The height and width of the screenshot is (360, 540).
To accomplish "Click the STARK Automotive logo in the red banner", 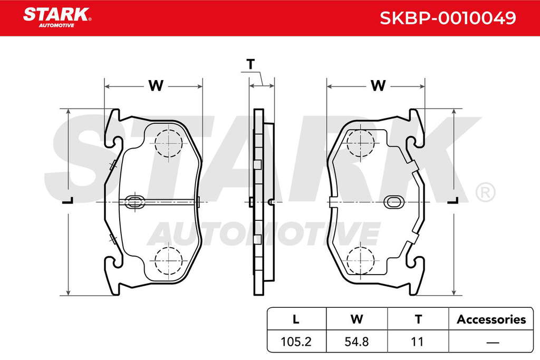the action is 57,17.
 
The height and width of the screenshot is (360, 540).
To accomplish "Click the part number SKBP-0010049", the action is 448,18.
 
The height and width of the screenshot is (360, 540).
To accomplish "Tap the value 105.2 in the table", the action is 296,342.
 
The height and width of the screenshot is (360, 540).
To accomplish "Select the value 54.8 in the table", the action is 357,342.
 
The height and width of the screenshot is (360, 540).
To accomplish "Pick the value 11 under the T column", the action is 417,342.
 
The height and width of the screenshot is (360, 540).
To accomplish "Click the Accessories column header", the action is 491,319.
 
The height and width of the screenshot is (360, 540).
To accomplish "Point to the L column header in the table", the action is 296,319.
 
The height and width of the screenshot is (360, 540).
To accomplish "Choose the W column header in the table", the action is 357,319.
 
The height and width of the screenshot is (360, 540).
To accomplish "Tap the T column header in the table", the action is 418,319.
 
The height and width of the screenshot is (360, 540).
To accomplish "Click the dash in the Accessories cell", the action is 493,343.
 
